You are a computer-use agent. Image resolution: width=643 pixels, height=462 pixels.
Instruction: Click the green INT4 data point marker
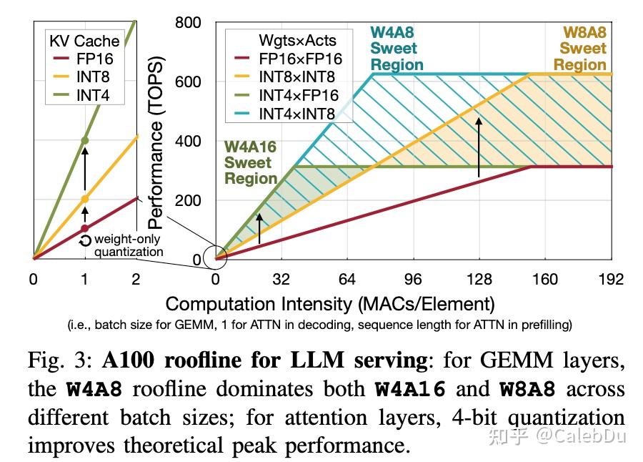coord(84,140)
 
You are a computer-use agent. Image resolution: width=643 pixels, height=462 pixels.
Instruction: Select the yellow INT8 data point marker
coord(84,199)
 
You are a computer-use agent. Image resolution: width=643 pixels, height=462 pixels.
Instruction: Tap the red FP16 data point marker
coord(84,228)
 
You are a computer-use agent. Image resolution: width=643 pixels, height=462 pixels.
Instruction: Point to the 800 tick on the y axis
coord(189,23)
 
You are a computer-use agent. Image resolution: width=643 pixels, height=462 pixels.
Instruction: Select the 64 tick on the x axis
coord(347,279)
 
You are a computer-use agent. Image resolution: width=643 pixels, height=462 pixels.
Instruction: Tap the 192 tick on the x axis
coord(611,279)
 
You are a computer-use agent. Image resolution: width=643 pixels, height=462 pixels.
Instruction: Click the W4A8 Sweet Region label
coord(397,49)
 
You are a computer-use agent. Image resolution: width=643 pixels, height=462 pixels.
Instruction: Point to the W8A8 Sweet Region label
coord(582,49)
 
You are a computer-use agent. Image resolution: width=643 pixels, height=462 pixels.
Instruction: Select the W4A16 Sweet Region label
coord(249,162)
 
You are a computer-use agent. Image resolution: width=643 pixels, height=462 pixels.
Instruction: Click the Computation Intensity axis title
coord(330,303)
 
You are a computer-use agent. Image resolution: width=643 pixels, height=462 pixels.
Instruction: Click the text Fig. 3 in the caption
coord(54,360)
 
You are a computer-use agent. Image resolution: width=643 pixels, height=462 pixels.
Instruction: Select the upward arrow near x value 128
coord(479,147)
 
